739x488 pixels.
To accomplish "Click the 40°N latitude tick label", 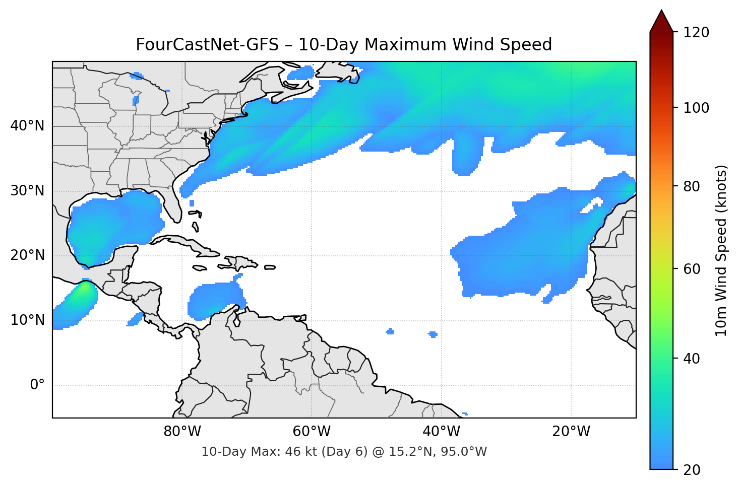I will (x=27, y=126).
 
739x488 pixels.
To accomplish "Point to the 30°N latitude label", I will (x=27, y=191).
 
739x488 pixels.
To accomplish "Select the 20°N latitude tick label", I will (x=27, y=255).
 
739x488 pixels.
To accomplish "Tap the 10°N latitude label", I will (x=27, y=320).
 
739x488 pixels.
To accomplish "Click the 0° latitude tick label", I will (x=37, y=385).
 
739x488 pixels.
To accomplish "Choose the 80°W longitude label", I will (x=182, y=432).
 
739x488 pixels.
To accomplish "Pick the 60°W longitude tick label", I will (x=312, y=432).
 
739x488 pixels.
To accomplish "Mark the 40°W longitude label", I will (x=441, y=432).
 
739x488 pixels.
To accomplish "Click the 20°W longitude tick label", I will (x=571, y=432).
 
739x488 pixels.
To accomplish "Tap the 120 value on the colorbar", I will (x=696, y=33).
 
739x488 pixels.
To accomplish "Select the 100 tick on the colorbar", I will (x=696, y=108).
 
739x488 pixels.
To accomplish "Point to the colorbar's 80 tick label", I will (x=690, y=186).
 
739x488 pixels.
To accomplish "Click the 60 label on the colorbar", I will (x=690, y=269).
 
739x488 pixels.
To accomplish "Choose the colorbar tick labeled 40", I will (x=690, y=359).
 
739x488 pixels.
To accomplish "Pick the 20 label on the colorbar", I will (x=690, y=470).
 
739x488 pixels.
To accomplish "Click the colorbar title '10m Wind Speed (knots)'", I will (x=721, y=250).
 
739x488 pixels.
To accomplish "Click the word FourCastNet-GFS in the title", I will (x=207, y=45).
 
